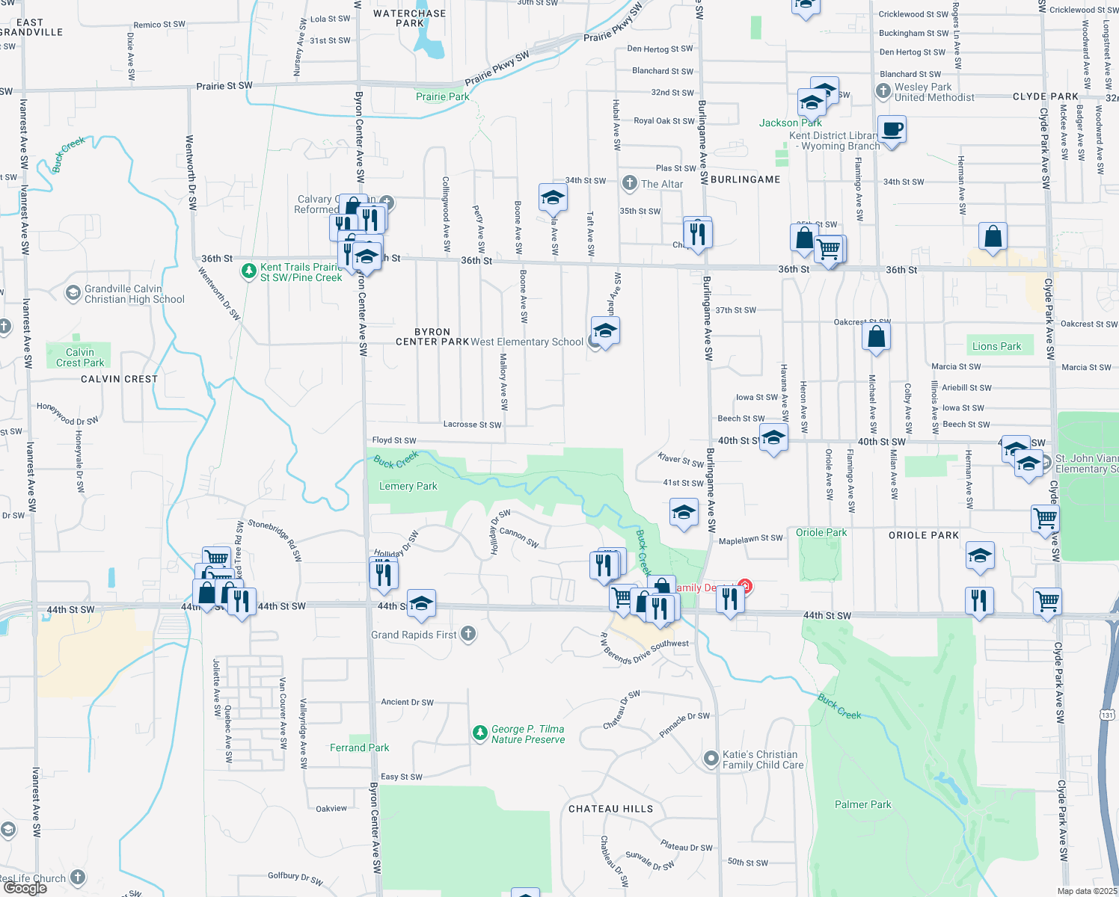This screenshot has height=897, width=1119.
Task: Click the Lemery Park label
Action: click(x=408, y=486)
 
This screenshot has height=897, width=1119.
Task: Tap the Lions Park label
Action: click(x=996, y=346)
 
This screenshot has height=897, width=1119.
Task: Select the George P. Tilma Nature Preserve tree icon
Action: click(x=480, y=733)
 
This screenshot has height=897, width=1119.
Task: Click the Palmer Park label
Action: click(x=862, y=804)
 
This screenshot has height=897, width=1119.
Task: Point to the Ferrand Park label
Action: click(x=359, y=747)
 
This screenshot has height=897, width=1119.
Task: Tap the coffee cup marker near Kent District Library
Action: click(x=892, y=129)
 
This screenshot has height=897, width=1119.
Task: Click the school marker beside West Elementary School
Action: click(x=604, y=330)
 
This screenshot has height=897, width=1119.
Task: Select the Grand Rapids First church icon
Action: click(x=468, y=634)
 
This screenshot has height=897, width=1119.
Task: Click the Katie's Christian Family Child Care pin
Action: click(x=711, y=759)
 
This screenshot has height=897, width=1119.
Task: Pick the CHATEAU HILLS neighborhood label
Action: click(x=610, y=809)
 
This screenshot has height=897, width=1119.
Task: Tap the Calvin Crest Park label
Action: click(x=80, y=357)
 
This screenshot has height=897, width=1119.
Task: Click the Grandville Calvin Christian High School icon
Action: click(x=73, y=293)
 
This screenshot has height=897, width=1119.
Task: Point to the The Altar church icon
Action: click(x=630, y=183)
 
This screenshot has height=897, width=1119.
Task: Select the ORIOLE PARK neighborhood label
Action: click(x=923, y=535)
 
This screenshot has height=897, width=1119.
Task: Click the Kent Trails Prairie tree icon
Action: click(x=249, y=271)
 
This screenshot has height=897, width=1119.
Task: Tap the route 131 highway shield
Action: click(x=1107, y=715)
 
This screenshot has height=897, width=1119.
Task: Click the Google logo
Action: click(x=25, y=888)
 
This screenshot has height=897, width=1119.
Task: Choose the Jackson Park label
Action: click(x=790, y=123)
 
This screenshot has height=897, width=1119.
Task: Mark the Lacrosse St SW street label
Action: click(x=472, y=425)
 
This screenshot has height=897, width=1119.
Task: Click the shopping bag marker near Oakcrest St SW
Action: click(x=876, y=337)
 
